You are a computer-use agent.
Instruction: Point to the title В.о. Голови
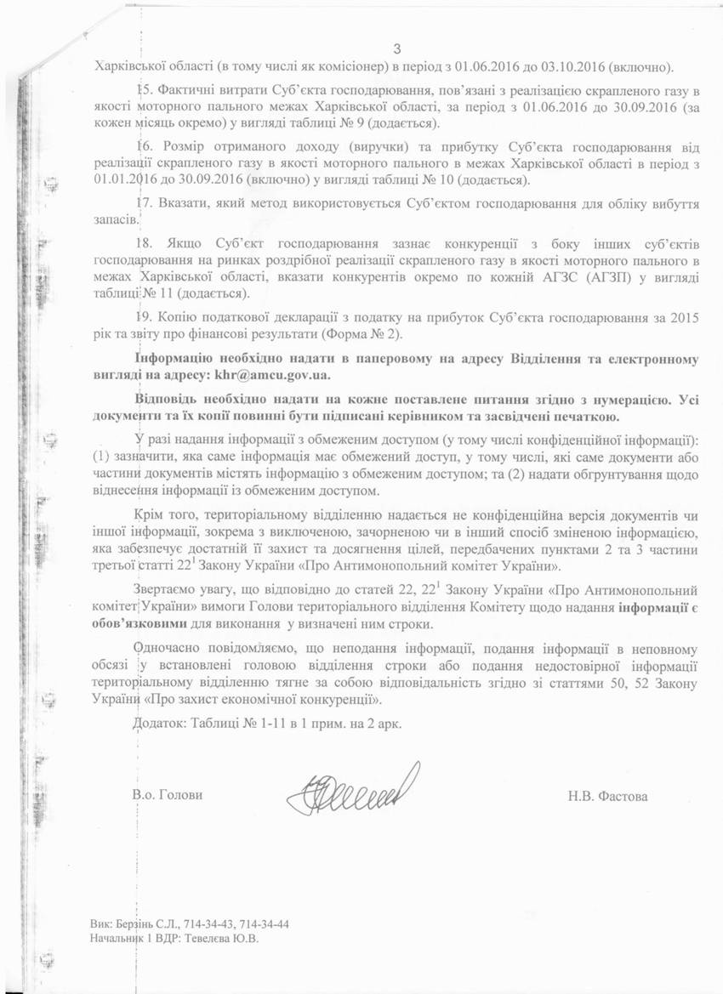tap(168, 796)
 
